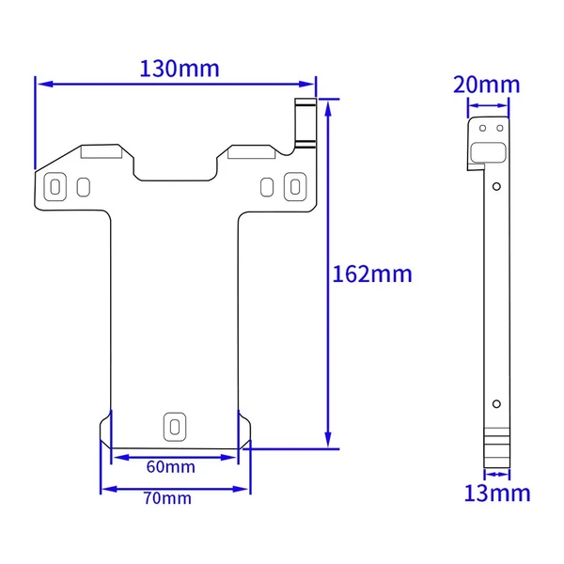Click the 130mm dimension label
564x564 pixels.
[x=180, y=69]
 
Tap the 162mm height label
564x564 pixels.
[x=372, y=274]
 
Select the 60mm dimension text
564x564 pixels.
[x=171, y=467]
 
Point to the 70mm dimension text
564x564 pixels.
[x=167, y=498]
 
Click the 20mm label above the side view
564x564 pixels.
[x=487, y=85]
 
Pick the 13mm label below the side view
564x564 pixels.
[x=497, y=493]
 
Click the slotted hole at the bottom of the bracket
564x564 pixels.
[x=175, y=427]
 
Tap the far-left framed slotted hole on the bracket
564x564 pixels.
[x=55, y=187]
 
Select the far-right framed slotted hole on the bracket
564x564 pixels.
[x=295, y=187]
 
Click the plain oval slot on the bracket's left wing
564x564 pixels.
[x=84, y=187]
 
